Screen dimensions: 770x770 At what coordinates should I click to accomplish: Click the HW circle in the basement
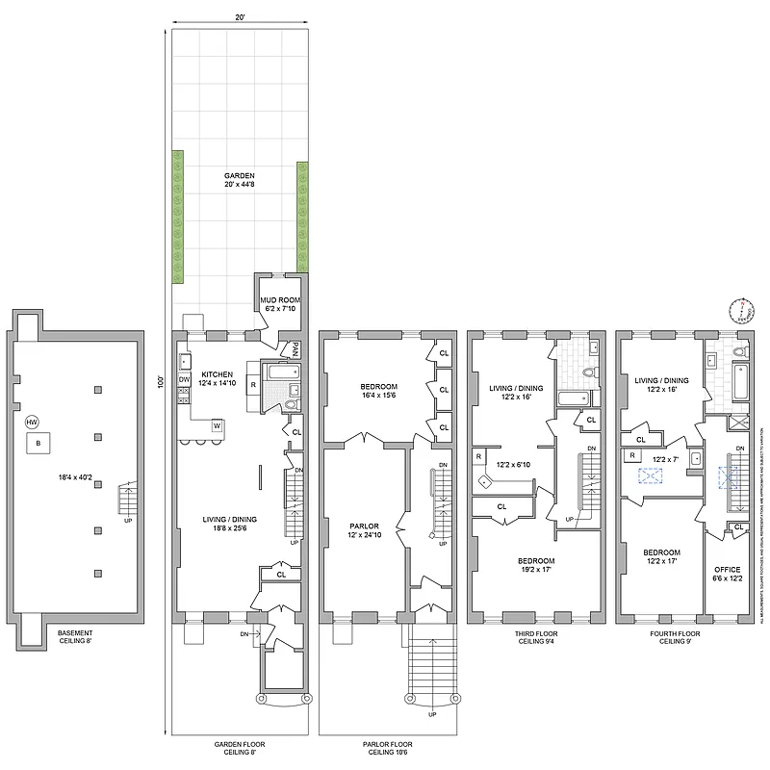(32, 423)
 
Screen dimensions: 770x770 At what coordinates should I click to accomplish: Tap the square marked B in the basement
(38, 443)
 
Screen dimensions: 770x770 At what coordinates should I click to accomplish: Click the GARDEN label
(239, 176)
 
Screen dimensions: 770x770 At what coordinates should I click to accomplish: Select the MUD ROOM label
(281, 300)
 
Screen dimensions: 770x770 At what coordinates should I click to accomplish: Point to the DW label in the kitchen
(185, 379)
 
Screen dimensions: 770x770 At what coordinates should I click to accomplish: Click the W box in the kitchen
(218, 424)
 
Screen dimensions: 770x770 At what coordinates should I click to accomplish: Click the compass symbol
(740, 310)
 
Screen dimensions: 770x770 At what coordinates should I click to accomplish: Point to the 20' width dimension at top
(239, 16)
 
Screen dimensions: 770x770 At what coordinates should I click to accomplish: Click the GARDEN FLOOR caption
(239, 744)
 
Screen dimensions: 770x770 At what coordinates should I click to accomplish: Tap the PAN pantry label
(296, 347)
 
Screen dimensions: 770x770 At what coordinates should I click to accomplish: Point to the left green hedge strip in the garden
(178, 217)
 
